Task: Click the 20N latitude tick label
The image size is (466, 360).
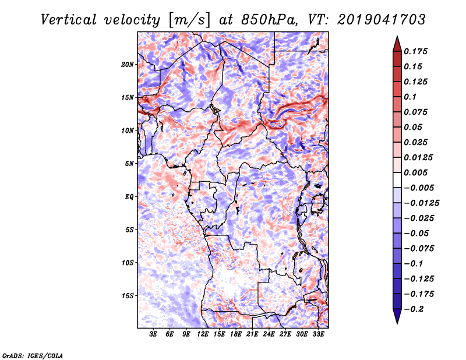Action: click(128, 64)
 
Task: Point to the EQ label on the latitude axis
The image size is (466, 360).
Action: click(129, 196)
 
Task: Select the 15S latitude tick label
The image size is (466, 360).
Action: click(128, 295)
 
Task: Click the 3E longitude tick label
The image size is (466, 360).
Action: click(154, 335)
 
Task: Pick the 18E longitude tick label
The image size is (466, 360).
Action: click(235, 335)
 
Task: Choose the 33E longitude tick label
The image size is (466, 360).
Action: click(318, 335)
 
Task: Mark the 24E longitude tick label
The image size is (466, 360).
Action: click(269, 335)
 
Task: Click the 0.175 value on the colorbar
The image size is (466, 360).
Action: click(417, 51)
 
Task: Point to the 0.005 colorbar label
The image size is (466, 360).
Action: click(417, 172)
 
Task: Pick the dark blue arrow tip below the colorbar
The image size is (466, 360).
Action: click(396, 320)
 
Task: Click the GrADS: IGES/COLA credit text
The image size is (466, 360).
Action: click(33, 355)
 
